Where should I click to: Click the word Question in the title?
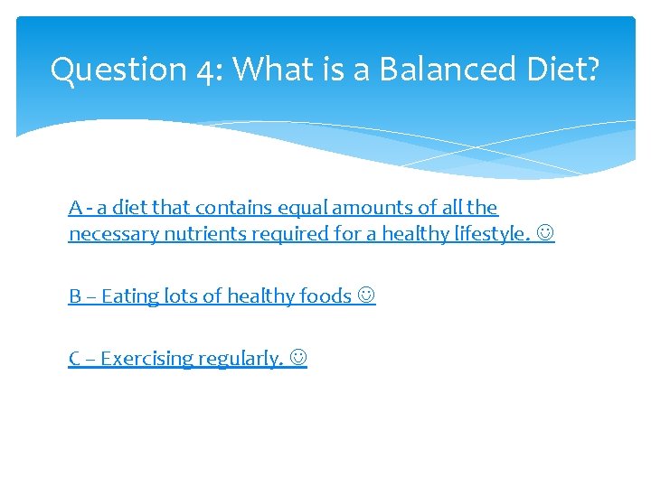click(x=118, y=70)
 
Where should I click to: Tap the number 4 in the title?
click(x=207, y=70)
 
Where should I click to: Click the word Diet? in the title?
click(x=562, y=70)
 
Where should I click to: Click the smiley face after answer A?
click(x=545, y=234)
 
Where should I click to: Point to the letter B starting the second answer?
click(x=74, y=296)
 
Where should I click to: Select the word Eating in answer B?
click(x=127, y=296)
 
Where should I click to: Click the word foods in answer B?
click(x=325, y=296)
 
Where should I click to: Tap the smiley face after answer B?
click(x=366, y=296)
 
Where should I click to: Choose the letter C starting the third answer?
click(x=74, y=359)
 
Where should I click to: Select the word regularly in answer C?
click(x=240, y=359)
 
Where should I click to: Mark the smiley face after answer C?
click(x=297, y=359)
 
